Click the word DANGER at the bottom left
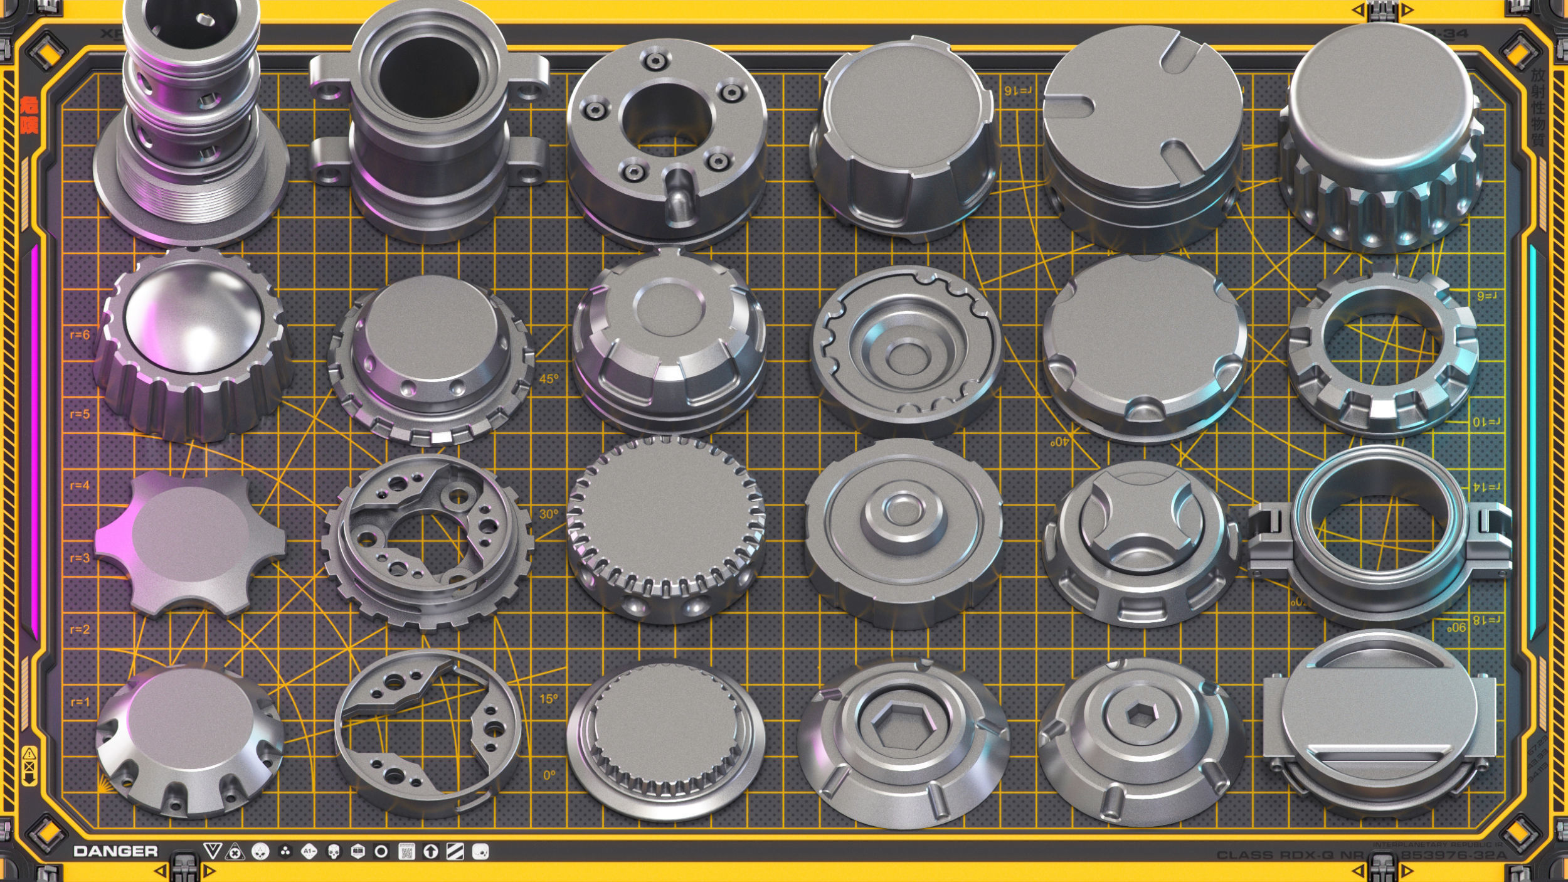115,851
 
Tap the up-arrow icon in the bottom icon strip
430,851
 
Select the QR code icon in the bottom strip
406,851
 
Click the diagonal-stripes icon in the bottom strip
455,851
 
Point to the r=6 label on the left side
80,335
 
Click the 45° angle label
548,379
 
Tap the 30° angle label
548,514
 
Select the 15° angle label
548,699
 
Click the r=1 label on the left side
80,702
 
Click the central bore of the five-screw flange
666,119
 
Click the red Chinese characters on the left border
29,115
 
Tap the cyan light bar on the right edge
1533,439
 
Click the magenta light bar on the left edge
34,439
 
